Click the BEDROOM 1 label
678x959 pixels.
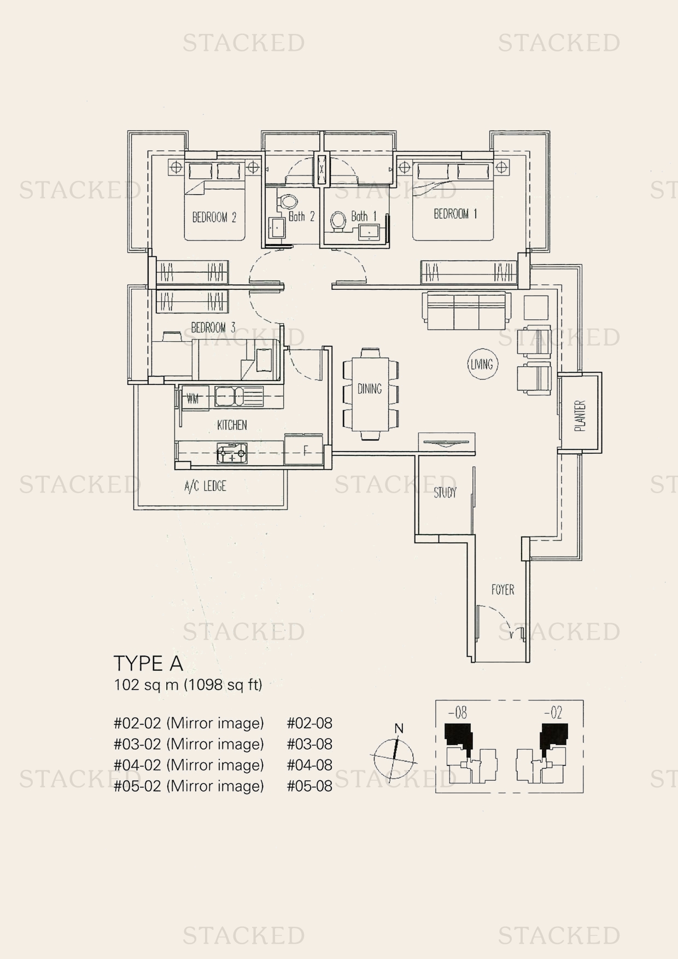pos(455,214)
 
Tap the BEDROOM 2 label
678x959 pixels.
pos(214,218)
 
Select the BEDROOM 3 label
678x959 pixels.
pos(213,328)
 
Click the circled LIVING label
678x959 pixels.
pos(481,364)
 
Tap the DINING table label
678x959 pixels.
pos(370,389)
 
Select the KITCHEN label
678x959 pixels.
pos(232,425)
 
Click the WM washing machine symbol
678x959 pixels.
pos(193,399)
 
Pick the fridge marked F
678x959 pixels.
pos(303,450)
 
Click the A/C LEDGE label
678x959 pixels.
pos(205,486)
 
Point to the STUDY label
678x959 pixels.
pos(445,493)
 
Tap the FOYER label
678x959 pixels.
pos(502,590)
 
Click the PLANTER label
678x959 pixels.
pos(580,416)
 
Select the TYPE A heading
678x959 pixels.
pos(148,663)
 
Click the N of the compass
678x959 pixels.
pos(399,728)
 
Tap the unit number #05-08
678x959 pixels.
pos(309,786)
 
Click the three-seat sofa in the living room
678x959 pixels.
pos(466,311)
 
